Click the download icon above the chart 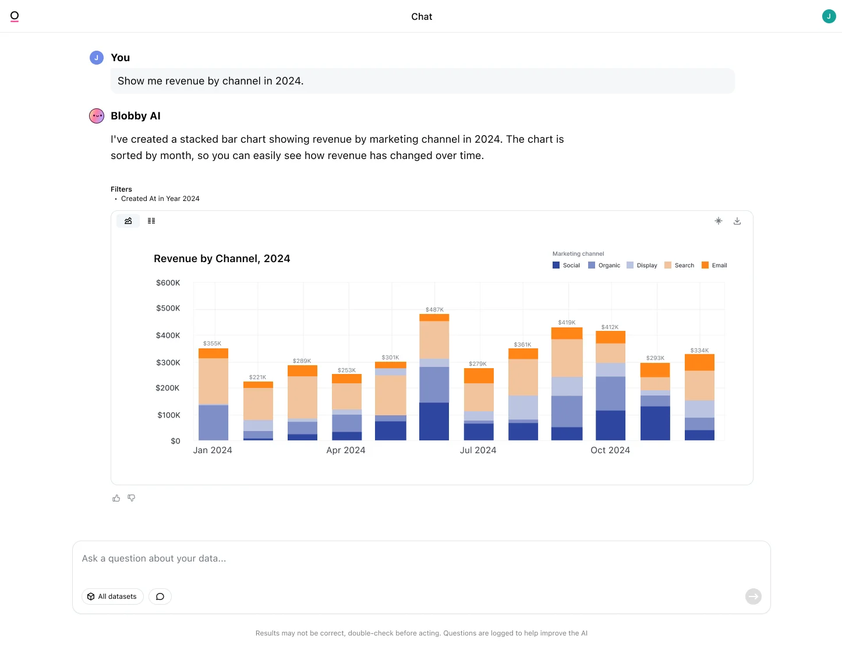[x=737, y=221]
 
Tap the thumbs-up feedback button [x=116, y=498]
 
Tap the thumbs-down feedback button [x=132, y=498]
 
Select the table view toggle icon [x=151, y=221]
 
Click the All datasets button [x=112, y=596]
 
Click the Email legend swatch [x=705, y=265]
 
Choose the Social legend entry [x=566, y=265]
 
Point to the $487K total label [x=434, y=310]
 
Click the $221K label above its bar [x=257, y=377]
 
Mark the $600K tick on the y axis [x=168, y=283]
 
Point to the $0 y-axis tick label [x=175, y=441]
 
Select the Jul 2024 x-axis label [x=477, y=450]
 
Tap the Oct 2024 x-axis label [x=610, y=450]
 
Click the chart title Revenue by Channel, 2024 [x=222, y=259]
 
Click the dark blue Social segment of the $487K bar [x=434, y=421]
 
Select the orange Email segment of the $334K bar [x=699, y=362]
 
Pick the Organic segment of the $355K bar [x=213, y=423]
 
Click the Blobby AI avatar [x=97, y=116]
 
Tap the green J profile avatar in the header [x=829, y=16]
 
